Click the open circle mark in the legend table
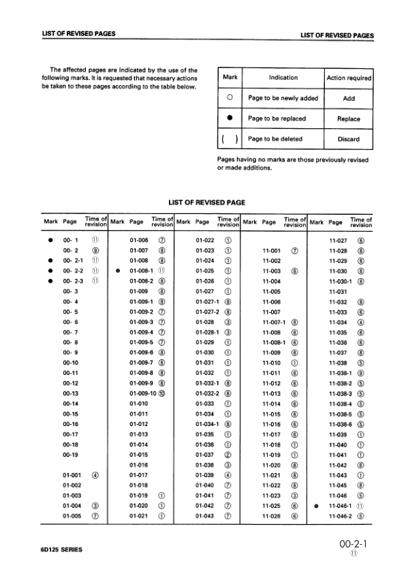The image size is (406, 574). (230, 98)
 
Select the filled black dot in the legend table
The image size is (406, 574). (230, 119)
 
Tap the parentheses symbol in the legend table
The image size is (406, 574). (230, 139)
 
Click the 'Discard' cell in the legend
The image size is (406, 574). (349, 139)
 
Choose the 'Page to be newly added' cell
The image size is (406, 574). (283, 98)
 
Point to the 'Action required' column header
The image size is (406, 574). (349, 78)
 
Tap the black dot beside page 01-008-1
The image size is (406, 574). (118, 269)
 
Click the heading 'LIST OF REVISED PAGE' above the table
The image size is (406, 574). (206, 202)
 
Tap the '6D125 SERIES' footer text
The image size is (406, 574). (62, 549)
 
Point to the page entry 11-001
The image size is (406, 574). (272, 250)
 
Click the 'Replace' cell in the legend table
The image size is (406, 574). (349, 119)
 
